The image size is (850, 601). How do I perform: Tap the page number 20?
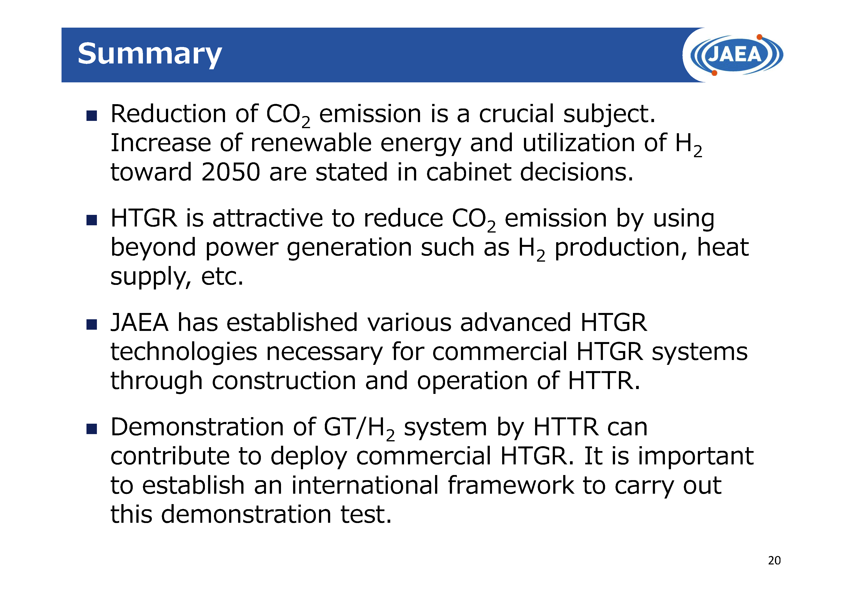774,560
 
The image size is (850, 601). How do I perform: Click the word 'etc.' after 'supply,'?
222,277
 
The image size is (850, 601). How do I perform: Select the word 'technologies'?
184,352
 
